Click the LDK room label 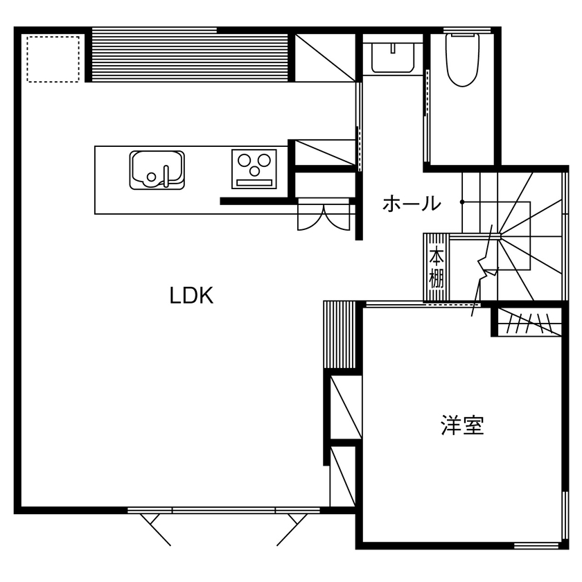click(191, 296)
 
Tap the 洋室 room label click(462, 425)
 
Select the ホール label click(411, 204)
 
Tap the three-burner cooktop click(254, 168)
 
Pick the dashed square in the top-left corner click(53, 58)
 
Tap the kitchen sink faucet click(167, 176)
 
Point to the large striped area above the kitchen click(190, 55)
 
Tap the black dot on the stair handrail click(462, 202)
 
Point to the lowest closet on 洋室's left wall click(343, 477)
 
